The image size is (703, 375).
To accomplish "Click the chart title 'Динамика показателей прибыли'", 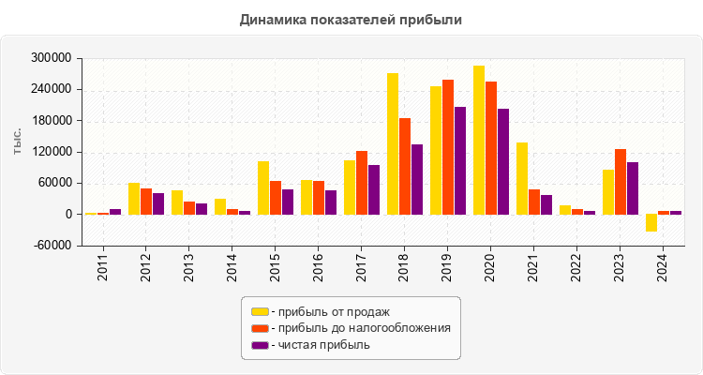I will click(x=351, y=19).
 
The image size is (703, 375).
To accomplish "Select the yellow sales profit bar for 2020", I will click(x=479, y=141).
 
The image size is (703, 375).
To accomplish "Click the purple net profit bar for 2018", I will click(x=417, y=179).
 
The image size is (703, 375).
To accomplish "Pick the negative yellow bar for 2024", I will click(x=651, y=223).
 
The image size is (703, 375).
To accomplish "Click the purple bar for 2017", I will click(x=374, y=189).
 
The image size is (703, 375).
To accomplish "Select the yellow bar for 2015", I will click(x=263, y=187).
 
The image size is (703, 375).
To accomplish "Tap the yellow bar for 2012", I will click(x=134, y=199).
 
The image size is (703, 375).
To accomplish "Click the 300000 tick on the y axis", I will click(x=52, y=58).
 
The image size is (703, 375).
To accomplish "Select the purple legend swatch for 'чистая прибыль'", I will click(x=260, y=345).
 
